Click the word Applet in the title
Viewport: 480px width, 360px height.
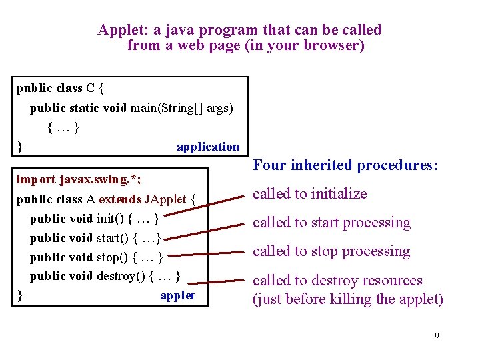pyautogui.click(x=117, y=30)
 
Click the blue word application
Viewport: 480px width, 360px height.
pyautogui.click(x=207, y=147)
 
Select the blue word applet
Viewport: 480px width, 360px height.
pyautogui.click(x=177, y=295)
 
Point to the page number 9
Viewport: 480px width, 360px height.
pyautogui.click(x=437, y=335)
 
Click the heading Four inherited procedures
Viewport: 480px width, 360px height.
pyautogui.click(x=345, y=165)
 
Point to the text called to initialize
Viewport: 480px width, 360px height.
pyautogui.click(x=309, y=194)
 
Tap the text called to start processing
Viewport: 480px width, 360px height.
pyautogui.click(x=331, y=223)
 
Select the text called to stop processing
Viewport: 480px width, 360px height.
pyautogui.click(x=331, y=251)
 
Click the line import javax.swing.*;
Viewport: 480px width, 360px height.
pyautogui.click(x=79, y=179)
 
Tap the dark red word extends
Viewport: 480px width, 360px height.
pyautogui.click(x=119, y=199)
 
